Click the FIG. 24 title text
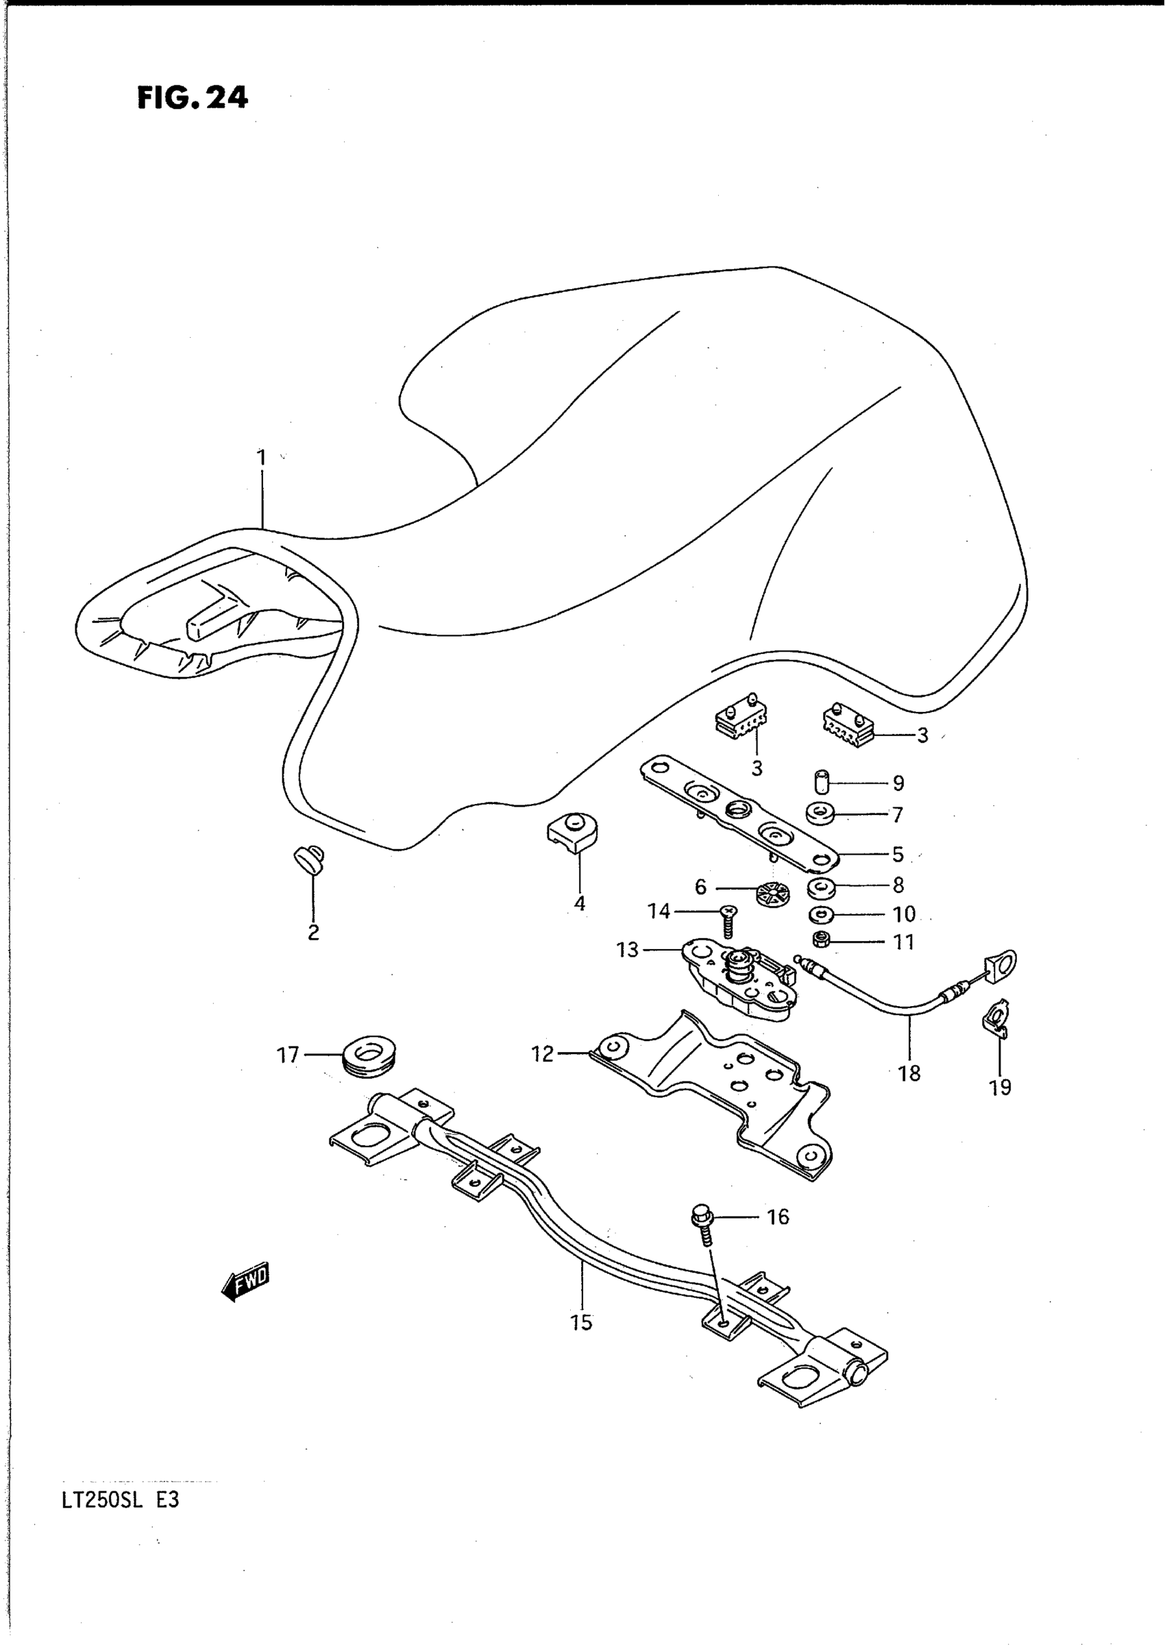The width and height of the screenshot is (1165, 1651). [192, 97]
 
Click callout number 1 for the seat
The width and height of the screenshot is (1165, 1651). [262, 457]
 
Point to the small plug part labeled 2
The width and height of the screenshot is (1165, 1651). [310, 859]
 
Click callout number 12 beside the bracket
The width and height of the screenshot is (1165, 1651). [542, 1054]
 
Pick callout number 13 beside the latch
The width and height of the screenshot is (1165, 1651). [627, 951]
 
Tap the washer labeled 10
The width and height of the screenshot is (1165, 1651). [820, 914]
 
